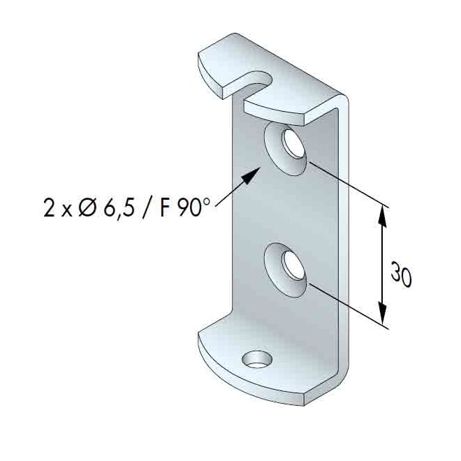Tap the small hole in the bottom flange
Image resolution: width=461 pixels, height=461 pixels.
pyautogui.click(x=256, y=360)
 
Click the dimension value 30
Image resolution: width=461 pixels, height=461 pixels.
pyautogui.click(x=400, y=275)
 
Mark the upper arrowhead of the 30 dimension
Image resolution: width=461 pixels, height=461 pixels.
pyautogui.click(x=382, y=212)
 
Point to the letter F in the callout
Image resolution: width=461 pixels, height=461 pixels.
pyautogui.click(x=165, y=208)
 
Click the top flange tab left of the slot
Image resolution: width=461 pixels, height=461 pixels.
pyautogui.click(x=220, y=66)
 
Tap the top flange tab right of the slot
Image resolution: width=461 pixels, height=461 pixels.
pyautogui.click(x=293, y=105)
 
